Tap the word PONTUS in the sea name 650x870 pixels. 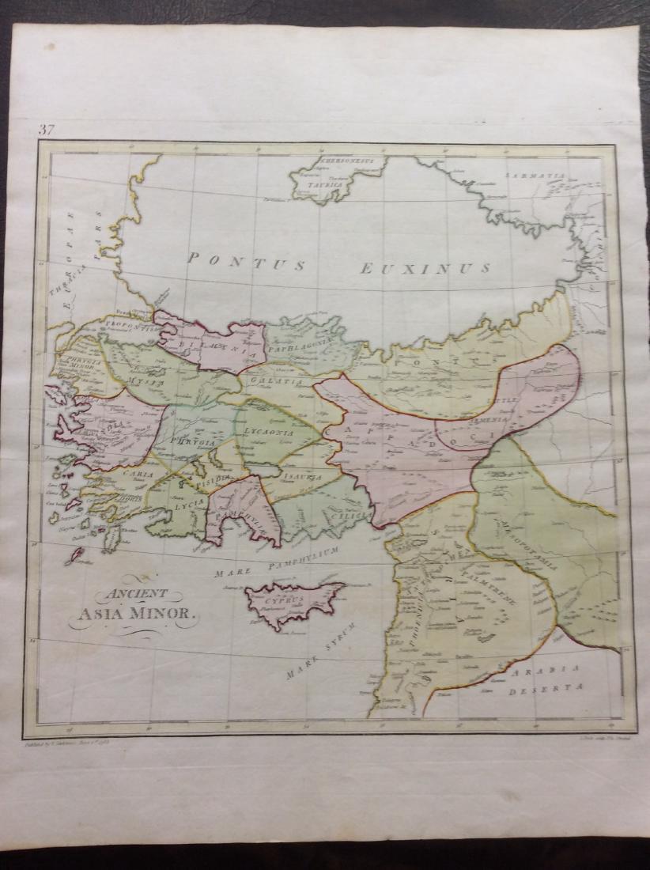[247, 262]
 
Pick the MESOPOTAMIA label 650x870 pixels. [528, 545]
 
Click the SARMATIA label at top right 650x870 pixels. [537, 173]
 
